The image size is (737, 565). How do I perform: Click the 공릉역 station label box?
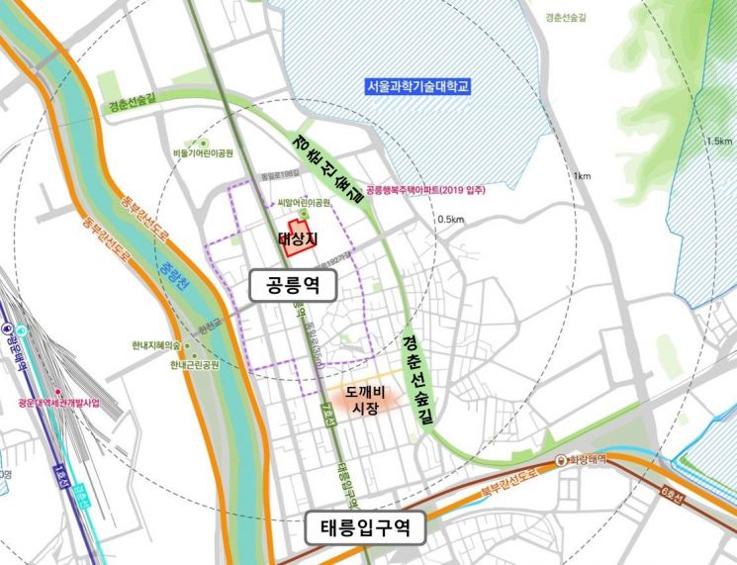coord(293,287)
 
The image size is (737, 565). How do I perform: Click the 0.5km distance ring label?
coord(450,220)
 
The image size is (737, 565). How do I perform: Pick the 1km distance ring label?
coord(581,176)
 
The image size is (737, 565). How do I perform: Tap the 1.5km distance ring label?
coord(720,141)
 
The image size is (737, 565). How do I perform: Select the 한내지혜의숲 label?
coord(156,345)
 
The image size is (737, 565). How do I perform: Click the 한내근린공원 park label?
coord(194,364)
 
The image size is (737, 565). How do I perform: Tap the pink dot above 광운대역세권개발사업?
coord(58,392)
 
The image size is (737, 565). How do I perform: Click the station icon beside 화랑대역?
coord(561,460)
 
